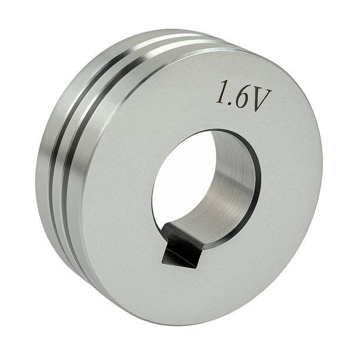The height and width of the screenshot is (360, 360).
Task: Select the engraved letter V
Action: pos(261,99)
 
